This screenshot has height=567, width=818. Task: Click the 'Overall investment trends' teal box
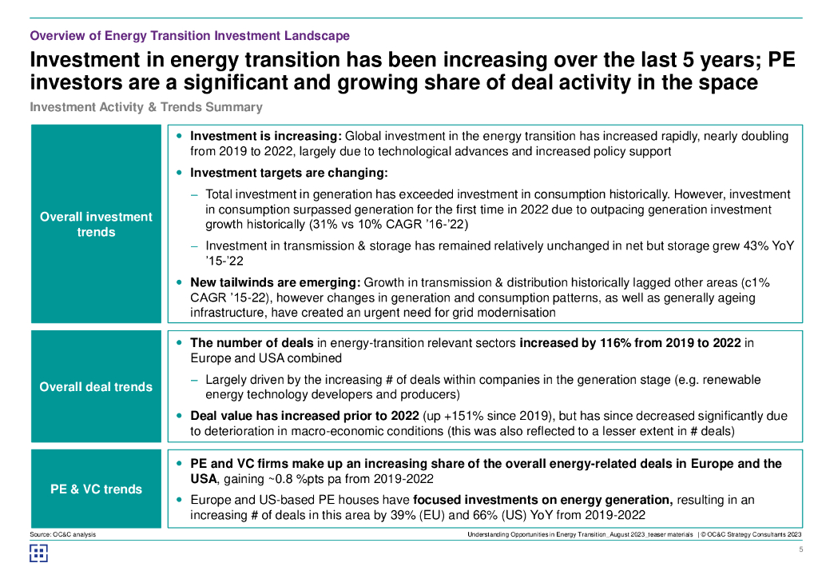pyautogui.click(x=96, y=224)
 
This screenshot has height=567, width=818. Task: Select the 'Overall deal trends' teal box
pyautogui.click(x=96, y=386)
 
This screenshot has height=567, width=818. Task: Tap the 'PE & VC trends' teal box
pyautogui.click(x=96, y=489)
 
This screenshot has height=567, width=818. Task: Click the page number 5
pyautogui.click(x=801, y=549)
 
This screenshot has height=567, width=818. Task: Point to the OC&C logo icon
pyautogui.click(x=38, y=553)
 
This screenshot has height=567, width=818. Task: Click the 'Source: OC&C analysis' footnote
pyautogui.click(x=62, y=534)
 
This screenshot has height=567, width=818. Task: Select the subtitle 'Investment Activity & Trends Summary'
pyautogui.click(x=146, y=107)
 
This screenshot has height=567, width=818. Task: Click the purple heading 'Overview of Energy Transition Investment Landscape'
pyautogui.click(x=189, y=36)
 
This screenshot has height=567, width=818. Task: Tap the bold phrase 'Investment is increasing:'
pyautogui.click(x=266, y=137)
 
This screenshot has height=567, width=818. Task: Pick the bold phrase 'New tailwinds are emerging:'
pyautogui.click(x=275, y=282)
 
